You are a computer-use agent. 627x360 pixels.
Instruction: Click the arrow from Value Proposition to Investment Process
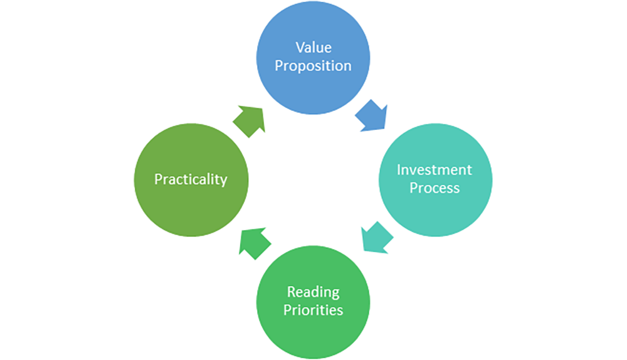(372, 115)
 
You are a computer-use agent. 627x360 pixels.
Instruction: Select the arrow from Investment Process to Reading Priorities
(377, 238)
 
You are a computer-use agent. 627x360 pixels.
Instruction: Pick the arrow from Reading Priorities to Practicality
(255, 242)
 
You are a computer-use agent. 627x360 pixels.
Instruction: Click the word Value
(313, 48)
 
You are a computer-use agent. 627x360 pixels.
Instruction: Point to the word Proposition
(313, 66)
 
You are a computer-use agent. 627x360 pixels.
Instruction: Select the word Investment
(435, 170)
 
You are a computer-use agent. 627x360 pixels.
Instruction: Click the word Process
(435, 188)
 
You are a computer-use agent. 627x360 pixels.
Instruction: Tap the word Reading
(313, 292)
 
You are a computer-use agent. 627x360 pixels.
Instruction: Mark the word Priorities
(313, 310)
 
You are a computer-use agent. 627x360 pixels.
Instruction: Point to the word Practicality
(191, 179)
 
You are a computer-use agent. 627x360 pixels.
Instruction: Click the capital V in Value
(300, 48)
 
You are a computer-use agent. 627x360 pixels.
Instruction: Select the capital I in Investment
(399, 170)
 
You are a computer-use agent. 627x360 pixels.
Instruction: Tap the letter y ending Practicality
(223, 181)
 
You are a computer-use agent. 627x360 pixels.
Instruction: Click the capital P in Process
(414, 188)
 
